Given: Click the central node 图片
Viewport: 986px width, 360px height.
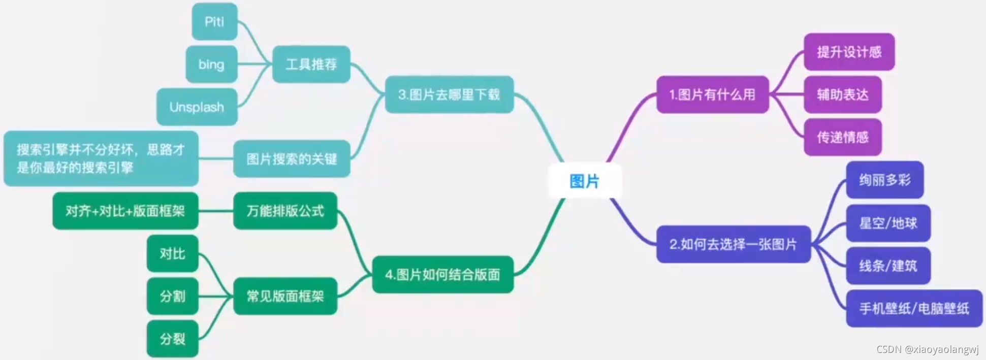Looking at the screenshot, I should (x=584, y=181).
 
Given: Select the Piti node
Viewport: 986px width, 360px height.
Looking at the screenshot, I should (x=214, y=21).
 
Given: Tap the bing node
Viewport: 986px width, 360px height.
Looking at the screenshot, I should (x=211, y=64).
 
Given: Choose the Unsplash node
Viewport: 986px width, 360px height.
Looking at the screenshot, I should (x=197, y=107).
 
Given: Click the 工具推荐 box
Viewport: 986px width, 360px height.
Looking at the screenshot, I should (x=311, y=64).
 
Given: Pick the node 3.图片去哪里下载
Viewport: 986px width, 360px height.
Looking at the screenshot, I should (x=449, y=94).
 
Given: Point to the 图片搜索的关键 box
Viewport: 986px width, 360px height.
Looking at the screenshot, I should (x=292, y=159).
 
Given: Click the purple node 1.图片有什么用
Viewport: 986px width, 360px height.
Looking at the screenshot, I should (x=712, y=94).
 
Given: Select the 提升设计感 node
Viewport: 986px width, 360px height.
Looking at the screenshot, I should (x=849, y=52).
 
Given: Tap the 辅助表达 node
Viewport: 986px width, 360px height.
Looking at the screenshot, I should (x=842, y=94).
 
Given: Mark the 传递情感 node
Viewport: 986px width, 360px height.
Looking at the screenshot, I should (x=842, y=137).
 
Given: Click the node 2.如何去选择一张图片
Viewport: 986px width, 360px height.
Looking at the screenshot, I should (x=733, y=244).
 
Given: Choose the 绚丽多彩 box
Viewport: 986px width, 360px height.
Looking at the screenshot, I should (x=884, y=180).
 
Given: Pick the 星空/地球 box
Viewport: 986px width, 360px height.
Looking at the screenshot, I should (x=888, y=223).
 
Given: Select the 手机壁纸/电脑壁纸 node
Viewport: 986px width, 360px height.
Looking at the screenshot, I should (x=914, y=308).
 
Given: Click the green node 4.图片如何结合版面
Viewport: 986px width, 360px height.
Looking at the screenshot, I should (x=442, y=275).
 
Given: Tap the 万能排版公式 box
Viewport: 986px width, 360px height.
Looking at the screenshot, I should (x=285, y=211).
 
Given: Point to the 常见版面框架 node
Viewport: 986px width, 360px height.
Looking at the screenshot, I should (x=285, y=296).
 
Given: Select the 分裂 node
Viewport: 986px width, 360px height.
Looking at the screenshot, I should (x=172, y=339).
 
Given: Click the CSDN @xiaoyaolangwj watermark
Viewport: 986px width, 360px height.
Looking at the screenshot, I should (x=927, y=349).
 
